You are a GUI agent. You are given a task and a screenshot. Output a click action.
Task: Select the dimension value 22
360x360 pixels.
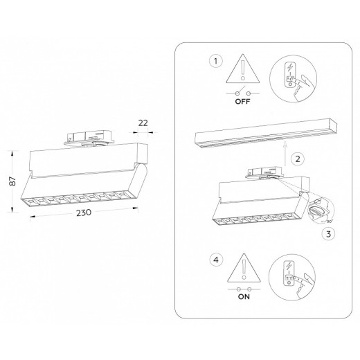pos(144,123)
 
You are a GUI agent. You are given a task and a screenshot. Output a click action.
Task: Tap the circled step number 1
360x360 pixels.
pos(217,61)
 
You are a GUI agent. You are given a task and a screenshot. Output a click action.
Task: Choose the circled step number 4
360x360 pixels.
pos(217,260)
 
